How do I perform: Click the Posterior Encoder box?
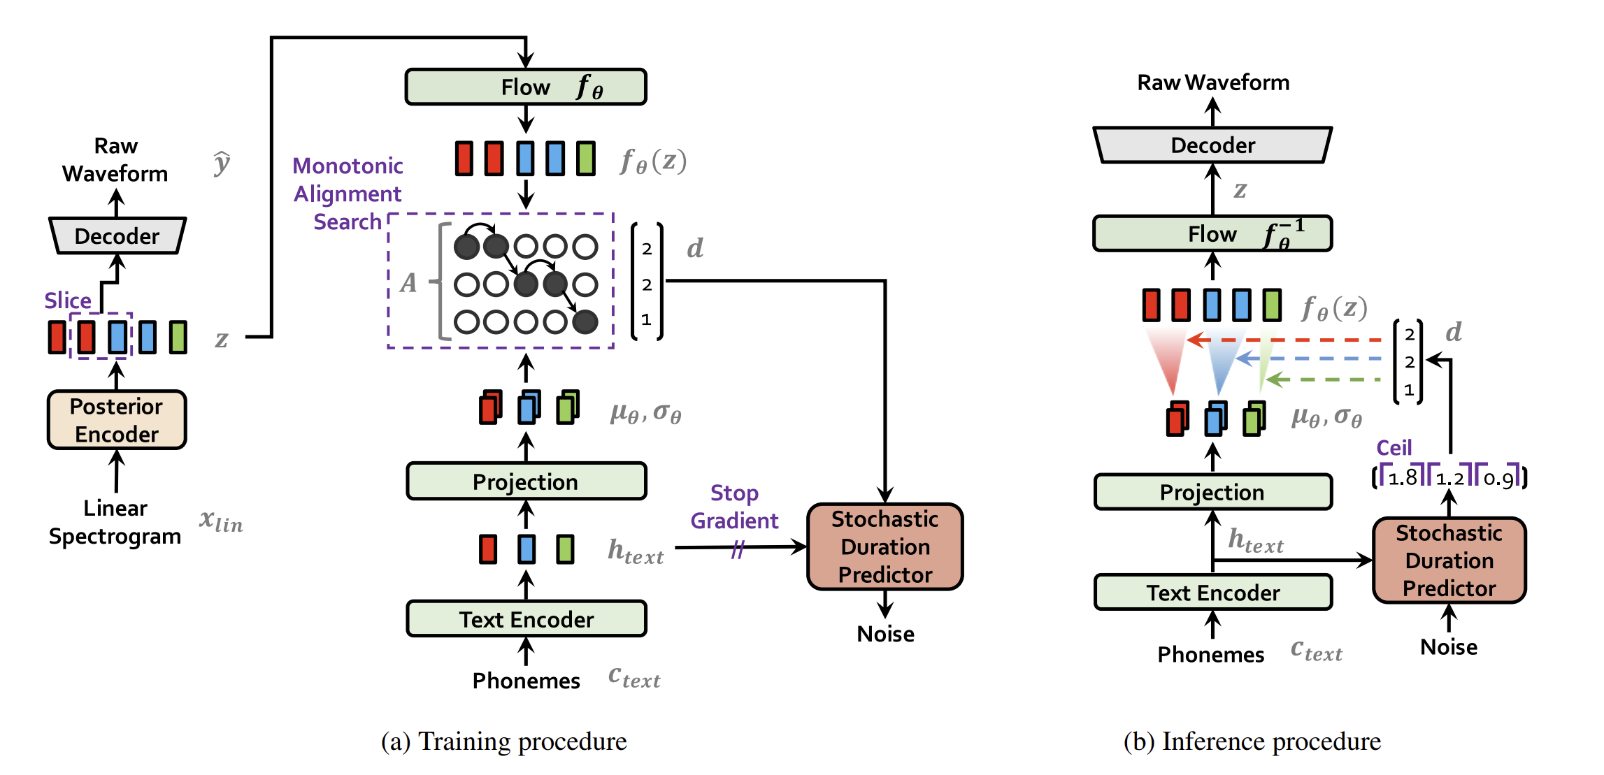(x=117, y=419)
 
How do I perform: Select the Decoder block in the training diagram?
(x=117, y=236)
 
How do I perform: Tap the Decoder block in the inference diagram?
(x=1212, y=145)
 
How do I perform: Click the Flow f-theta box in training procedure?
(x=525, y=87)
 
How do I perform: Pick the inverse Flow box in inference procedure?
(x=1212, y=233)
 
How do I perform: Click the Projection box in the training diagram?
(x=526, y=481)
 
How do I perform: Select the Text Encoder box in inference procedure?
(x=1212, y=593)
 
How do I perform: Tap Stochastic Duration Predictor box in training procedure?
(x=885, y=546)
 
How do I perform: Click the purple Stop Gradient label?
(x=734, y=507)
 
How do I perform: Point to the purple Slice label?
(x=68, y=300)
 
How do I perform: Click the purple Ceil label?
(x=1394, y=448)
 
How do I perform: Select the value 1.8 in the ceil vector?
(x=1402, y=478)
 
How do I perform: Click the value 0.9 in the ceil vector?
(x=1498, y=479)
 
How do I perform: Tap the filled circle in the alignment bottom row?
(x=585, y=321)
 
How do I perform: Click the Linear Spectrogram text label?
(x=115, y=522)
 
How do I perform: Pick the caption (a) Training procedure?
(x=503, y=741)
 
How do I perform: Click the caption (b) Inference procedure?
(x=1252, y=741)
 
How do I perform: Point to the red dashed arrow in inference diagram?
(x=1294, y=340)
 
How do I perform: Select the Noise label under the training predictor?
(x=885, y=634)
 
